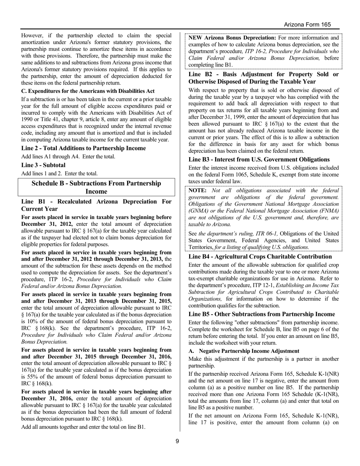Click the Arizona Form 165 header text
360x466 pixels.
click(x=307, y=25)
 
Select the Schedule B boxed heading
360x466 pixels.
click(x=96, y=187)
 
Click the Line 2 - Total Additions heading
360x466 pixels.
click(x=83, y=148)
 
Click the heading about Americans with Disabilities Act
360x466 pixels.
click(x=88, y=91)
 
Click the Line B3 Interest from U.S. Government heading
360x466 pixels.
click(x=259, y=160)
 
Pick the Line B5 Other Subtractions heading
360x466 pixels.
click(x=261, y=314)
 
